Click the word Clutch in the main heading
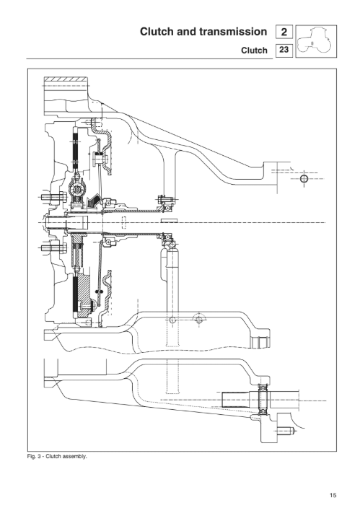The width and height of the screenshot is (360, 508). pyautogui.click(x=157, y=32)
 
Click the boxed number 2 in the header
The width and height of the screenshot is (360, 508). pyautogui.click(x=284, y=32)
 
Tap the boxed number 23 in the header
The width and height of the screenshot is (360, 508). pyautogui.click(x=284, y=50)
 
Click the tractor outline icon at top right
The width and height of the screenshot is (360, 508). pyautogui.click(x=316, y=41)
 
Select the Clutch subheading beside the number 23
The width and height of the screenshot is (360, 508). pyautogui.click(x=255, y=51)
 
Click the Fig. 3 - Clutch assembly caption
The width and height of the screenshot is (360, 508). pyautogui.click(x=57, y=457)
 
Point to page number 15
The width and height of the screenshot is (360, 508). pyautogui.click(x=333, y=495)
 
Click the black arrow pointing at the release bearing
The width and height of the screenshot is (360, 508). pyautogui.click(x=93, y=201)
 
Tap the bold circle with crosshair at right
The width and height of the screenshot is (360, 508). pyautogui.click(x=304, y=178)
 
